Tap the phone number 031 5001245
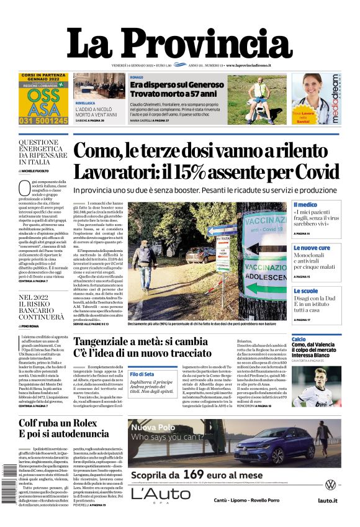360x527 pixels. [x=43, y=120]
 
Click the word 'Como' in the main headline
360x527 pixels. [x=112, y=151]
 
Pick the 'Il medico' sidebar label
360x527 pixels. [x=305, y=205]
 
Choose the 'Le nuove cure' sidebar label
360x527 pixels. [x=312, y=248]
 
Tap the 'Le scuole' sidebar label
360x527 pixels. [x=305, y=291]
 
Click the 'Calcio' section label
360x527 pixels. [x=299, y=340]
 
